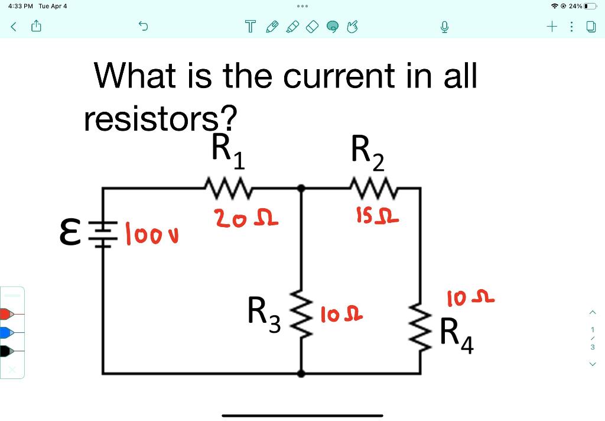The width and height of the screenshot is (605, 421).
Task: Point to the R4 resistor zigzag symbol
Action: [420, 328]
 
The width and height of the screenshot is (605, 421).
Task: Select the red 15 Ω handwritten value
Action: [376, 218]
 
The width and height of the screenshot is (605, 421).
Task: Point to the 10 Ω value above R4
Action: [470, 299]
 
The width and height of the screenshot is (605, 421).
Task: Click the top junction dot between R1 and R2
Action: [301, 188]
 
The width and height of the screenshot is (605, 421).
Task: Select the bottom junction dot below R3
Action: [301, 374]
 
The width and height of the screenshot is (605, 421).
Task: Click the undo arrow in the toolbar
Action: [143, 27]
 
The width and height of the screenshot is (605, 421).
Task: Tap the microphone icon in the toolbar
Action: [444, 27]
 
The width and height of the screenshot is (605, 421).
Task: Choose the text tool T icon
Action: [251, 27]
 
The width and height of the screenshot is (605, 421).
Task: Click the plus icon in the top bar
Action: [552, 27]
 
